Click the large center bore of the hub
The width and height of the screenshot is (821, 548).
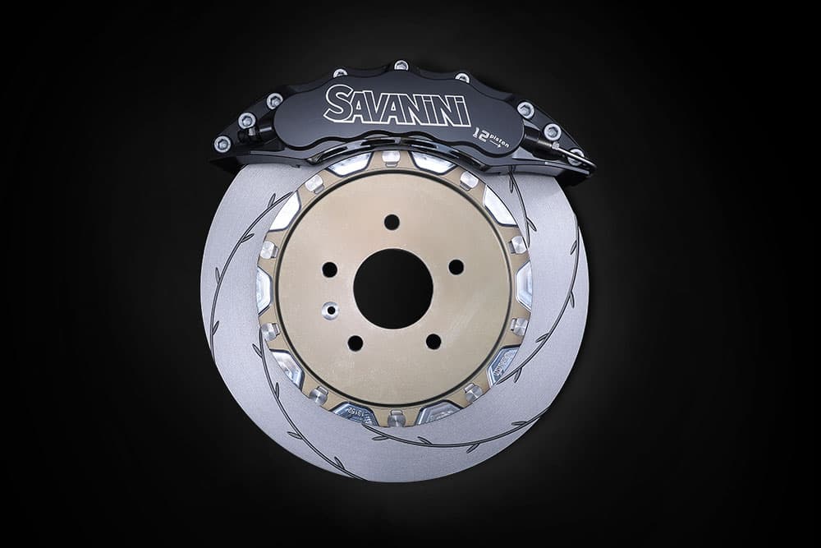[x=393, y=289]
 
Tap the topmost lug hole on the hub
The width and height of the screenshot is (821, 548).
[x=392, y=222]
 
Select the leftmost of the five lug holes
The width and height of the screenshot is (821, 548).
[x=330, y=269]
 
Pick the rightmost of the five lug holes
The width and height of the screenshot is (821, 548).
[x=456, y=267]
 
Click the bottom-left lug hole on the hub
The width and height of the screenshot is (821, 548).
[x=355, y=343]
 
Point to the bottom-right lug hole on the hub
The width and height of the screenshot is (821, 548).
[x=433, y=342]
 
